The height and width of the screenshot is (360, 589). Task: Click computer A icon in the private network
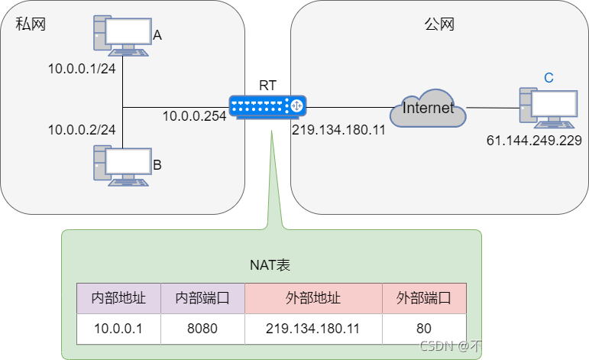121,35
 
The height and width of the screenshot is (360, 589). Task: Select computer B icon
121,165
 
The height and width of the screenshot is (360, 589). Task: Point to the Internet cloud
428,108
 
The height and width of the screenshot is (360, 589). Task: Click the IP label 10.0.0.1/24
82,69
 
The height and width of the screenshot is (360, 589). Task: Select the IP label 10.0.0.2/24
82,129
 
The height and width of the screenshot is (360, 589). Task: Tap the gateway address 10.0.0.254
194,115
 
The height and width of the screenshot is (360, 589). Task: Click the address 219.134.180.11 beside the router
338,130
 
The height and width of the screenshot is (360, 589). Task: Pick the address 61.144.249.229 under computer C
534,141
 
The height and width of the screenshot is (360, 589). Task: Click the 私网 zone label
31,24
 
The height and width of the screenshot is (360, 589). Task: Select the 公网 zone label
439,24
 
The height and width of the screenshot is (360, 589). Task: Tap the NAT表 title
270,265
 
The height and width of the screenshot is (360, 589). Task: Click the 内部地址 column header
118,298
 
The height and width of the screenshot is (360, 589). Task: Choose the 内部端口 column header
202,298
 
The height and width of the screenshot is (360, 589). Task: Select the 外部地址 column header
312,298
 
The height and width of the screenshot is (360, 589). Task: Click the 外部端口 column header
423,298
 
